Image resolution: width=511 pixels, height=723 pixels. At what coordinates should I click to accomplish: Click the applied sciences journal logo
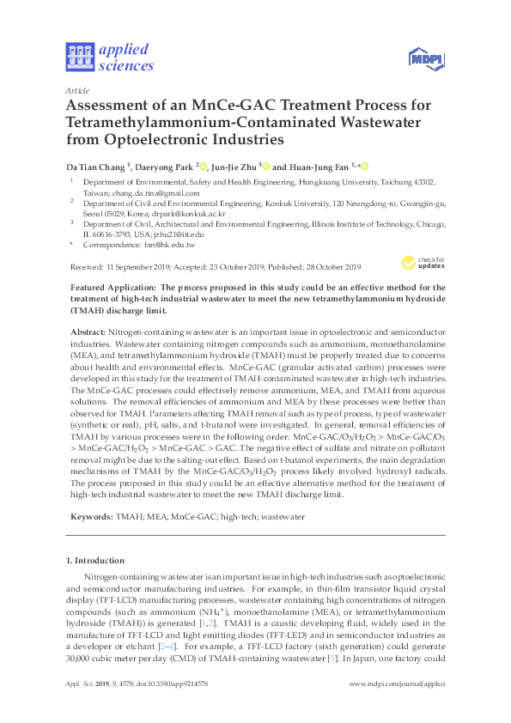coord(109,56)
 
